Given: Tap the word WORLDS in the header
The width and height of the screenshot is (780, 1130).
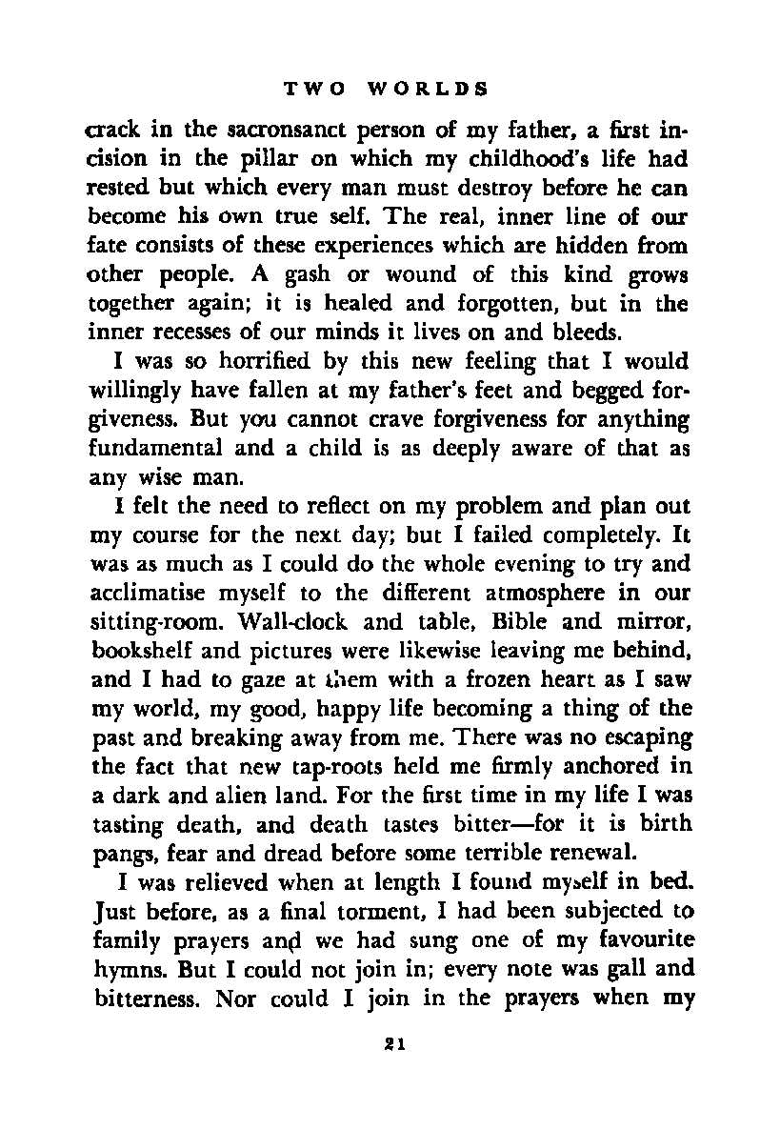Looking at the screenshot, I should coord(428,90).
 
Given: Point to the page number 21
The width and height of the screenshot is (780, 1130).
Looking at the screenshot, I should coord(390,1043).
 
